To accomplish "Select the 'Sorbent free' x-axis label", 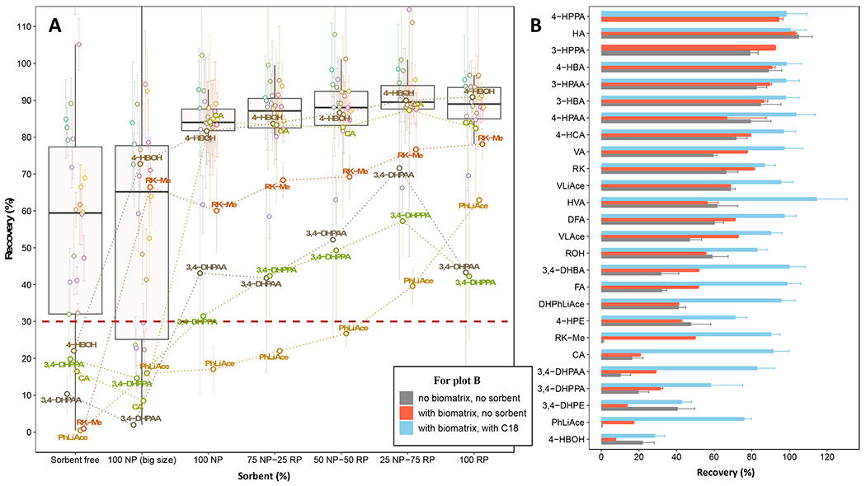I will (75, 455).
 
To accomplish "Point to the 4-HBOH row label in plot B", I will (576, 439).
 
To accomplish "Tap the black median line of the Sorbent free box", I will (75, 213).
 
